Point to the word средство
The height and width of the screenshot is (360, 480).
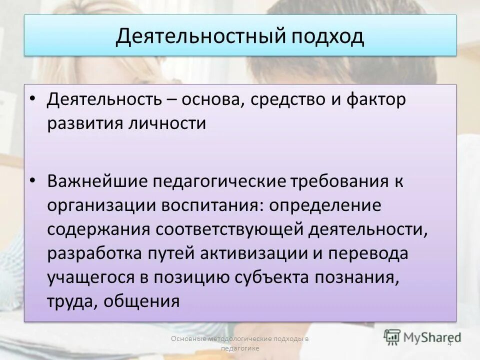[283, 99]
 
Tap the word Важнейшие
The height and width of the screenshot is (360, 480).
[96, 182]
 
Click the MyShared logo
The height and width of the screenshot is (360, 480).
[422, 335]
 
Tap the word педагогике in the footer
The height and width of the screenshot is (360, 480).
[239, 348]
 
